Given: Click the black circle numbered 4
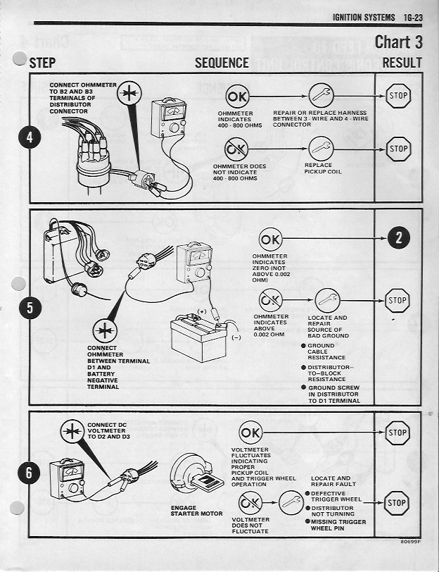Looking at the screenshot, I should coord(29,137).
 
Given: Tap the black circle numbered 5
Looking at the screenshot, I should coord(29,308).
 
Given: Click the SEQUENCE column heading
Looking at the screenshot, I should coord(222,63).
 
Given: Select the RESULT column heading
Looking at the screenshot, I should coord(402,63).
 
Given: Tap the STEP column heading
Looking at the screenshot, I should coord(43,63).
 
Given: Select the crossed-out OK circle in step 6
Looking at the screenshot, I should coord(250,503).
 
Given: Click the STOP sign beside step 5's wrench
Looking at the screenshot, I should coord(398,301).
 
